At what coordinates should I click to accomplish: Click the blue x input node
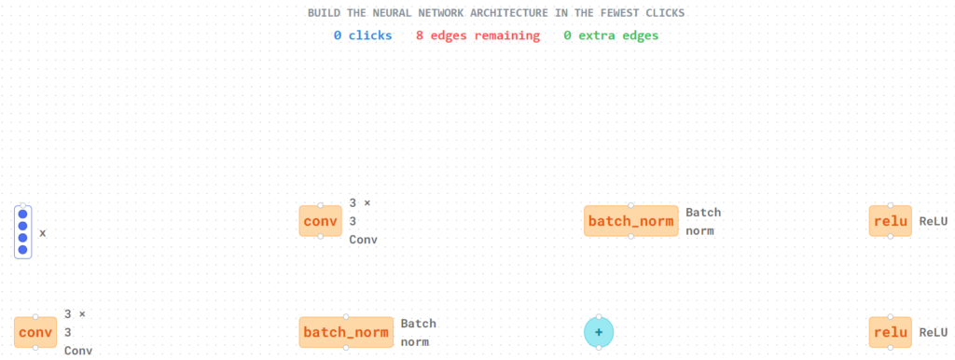[23, 231]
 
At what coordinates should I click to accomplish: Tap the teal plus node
[599, 332]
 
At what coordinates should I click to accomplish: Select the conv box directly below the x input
[35, 332]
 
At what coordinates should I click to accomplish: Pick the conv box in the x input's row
[321, 220]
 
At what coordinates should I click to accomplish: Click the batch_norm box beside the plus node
[346, 332]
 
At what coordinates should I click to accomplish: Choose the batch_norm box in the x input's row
[631, 220]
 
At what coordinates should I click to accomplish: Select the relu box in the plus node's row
[891, 332]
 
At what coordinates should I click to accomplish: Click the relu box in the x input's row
[891, 220]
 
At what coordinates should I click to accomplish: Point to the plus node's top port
[599, 317]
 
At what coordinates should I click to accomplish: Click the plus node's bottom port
[599, 347]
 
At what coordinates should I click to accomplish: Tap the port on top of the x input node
[23, 205]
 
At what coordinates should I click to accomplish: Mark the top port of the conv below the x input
[35, 317]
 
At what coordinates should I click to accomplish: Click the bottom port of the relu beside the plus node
[891, 347]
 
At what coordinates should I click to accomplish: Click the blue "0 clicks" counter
[363, 35]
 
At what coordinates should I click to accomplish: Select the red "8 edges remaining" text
[478, 35]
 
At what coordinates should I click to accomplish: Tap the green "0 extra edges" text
[611, 35]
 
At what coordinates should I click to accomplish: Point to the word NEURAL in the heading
[394, 13]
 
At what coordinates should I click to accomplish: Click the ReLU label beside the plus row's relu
[933, 333]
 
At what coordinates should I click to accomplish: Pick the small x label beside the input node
[43, 232]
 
